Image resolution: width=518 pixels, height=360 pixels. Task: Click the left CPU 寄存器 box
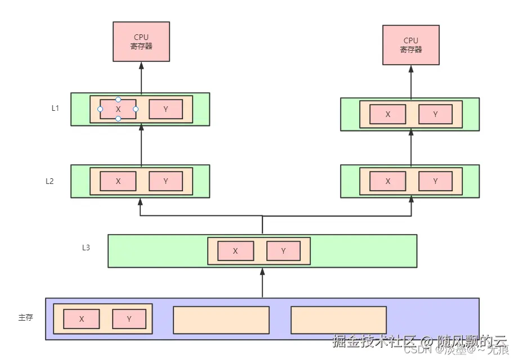[x=141, y=42]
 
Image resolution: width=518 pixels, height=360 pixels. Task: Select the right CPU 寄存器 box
[x=411, y=44]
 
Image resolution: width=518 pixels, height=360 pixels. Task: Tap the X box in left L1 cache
[x=118, y=109]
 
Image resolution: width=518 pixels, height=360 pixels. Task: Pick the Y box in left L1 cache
[x=166, y=109]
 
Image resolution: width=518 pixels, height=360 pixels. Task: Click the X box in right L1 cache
[x=388, y=114]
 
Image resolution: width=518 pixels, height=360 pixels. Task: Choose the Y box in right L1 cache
[x=436, y=114]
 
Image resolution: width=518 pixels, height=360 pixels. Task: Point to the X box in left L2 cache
[x=118, y=181]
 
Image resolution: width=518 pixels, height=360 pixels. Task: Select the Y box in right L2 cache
[x=436, y=181]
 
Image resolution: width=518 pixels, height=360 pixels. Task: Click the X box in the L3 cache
[x=235, y=251]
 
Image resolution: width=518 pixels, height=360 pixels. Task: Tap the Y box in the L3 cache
[x=283, y=251]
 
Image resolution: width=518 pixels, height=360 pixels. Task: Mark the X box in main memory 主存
[x=82, y=319]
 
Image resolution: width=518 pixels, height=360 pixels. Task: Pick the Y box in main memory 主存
[x=129, y=319]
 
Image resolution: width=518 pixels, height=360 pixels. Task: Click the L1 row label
[x=55, y=108]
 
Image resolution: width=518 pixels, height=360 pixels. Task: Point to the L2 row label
[x=50, y=181]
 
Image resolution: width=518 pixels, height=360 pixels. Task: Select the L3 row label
[x=86, y=247]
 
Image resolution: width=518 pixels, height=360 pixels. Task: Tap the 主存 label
[x=25, y=317]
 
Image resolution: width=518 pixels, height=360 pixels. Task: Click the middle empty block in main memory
[x=221, y=320]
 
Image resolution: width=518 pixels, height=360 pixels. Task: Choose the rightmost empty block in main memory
[x=338, y=320]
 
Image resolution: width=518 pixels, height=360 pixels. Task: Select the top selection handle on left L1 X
[x=118, y=100]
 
